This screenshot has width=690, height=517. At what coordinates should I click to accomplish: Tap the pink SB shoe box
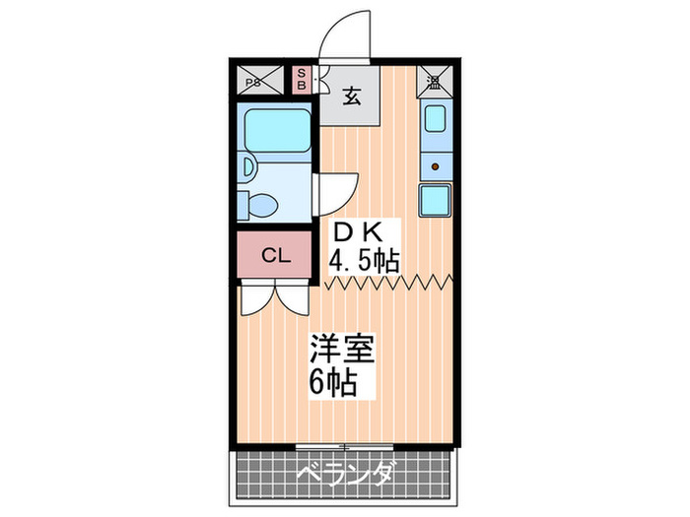click(x=303, y=79)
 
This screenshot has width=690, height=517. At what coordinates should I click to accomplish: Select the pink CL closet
click(x=275, y=257)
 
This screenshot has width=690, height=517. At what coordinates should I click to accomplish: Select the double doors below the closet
click(x=275, y=297)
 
